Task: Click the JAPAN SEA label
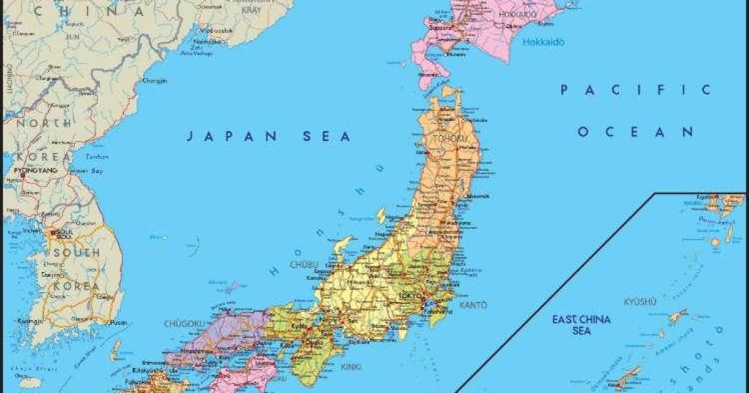coord(268,137)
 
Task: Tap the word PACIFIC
coord(635,90)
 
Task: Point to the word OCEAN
coord(635,132)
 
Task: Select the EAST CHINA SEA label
coord(581,325)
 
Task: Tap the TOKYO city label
coord(410,295)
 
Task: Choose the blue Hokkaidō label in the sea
coord(543,42)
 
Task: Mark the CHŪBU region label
coord(304,264)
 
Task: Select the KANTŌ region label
coord(472,305)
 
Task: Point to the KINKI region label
coord(351,367)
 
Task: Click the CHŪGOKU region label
coord(184,324)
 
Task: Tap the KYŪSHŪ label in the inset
coord(641,303)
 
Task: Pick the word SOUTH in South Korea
coord(76,253)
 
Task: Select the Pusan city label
coord(119,323)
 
